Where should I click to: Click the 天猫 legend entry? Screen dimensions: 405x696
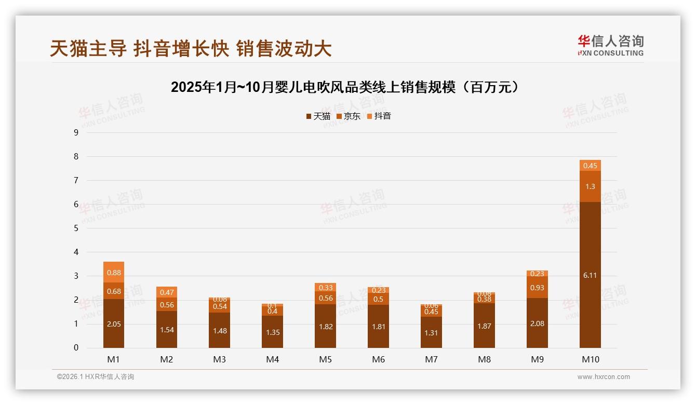pyautogui.click(x=318, y=116)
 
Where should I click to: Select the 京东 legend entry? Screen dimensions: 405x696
pyautogui.click(x=349, y=116)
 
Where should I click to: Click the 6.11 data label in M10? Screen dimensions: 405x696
pyautogui.click(x=590, y=275)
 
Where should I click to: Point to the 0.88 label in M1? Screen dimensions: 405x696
pyautogui.click(x=114, y=273)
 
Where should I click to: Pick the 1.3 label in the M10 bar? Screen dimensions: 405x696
pyautogui.click(x=590, y=186)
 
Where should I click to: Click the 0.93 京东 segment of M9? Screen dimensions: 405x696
pyautogui.click(x=537, y=287)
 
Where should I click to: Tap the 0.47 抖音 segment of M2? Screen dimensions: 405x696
pyautogui.click(x=167, y=292)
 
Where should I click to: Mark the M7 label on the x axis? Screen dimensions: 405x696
pyautogui.click(x=432, y=359)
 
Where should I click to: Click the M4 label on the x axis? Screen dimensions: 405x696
pyautogui.click(x=273, y=359)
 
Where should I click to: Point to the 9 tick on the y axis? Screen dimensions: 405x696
pyautogui.click(x=76, y=132)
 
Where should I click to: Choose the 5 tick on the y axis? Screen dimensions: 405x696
pyautogui.click(x=76, y=228)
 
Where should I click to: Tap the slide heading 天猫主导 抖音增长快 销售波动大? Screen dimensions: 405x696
pyautogui.click(x=191, y=48)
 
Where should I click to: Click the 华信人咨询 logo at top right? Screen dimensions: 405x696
pyautogui.click(x=610, y=45)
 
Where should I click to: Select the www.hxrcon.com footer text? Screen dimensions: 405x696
pyautogui.click(x=604, y=377)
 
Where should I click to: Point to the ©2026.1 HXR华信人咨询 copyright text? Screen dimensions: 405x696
pyautogui.click(x=96, y=377)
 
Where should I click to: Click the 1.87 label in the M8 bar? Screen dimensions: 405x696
pyautogui.click(x=484, y=326)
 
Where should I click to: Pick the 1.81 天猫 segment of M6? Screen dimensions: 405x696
pyautogui.click(x=379, y=327)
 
